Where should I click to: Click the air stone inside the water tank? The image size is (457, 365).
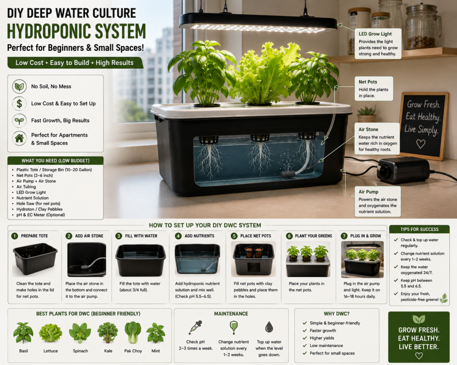coord(288,174)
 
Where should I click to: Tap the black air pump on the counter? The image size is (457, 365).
coord(403,170)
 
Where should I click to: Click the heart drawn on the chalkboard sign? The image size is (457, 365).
coord(420,144)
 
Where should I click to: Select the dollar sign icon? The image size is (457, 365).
coord(19,103)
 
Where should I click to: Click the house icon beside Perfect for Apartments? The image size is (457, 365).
coord(19,138)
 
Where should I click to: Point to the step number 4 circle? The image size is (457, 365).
coord(178,236)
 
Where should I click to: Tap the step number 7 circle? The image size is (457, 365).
coord(344,236)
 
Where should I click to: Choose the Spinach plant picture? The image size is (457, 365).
coord(80,333)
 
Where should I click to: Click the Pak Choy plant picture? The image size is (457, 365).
coord(133,333)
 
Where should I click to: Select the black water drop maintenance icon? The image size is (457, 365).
coord(269,327)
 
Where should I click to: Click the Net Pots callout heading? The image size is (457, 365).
coord(368,82)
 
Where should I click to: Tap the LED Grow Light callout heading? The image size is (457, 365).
coord(375,34)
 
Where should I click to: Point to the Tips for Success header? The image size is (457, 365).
coord(420,230)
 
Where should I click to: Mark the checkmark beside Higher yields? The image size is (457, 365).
coord(305,338)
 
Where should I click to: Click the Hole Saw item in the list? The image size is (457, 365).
coord(38,204)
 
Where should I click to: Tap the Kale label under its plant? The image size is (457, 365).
coord(108,351)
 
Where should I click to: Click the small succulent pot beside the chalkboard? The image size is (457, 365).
coord(367,115)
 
